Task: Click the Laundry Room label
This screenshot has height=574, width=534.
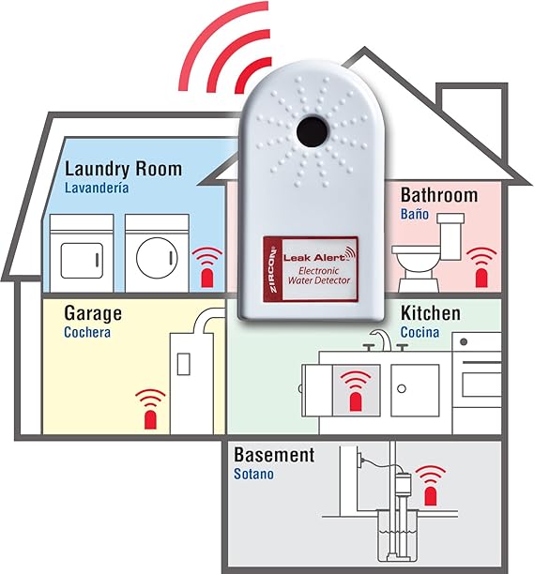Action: (x=123, y=170)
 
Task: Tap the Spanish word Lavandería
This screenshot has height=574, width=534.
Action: (x=97, y=188)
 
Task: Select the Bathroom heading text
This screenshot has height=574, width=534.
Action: (x=439, y=195)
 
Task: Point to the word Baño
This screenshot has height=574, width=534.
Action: (x=415, y=214)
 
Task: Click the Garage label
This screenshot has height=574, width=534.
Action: (x=93, y=313)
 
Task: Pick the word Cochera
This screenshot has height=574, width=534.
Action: (x=87, y=332)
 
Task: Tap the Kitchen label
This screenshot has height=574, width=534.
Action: (x=431, y=313)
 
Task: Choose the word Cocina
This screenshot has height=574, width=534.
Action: (x=420, y=332)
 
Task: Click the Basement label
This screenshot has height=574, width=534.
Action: (x=274, y=455)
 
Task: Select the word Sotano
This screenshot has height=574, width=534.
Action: (x=253, y=474)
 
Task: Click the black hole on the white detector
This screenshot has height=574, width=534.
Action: (x=312, y=132)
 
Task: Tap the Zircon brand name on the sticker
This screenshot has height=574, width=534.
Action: (x=273, y=271)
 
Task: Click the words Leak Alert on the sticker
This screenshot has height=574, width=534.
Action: (x=314, y=257)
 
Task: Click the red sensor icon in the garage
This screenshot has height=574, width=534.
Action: (x=150, y=409)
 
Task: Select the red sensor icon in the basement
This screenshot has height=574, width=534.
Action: (x=431, y=486)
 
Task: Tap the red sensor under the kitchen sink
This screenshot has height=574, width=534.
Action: (x=356, y=390)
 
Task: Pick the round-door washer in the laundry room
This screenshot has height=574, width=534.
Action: (x=157, y=253)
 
